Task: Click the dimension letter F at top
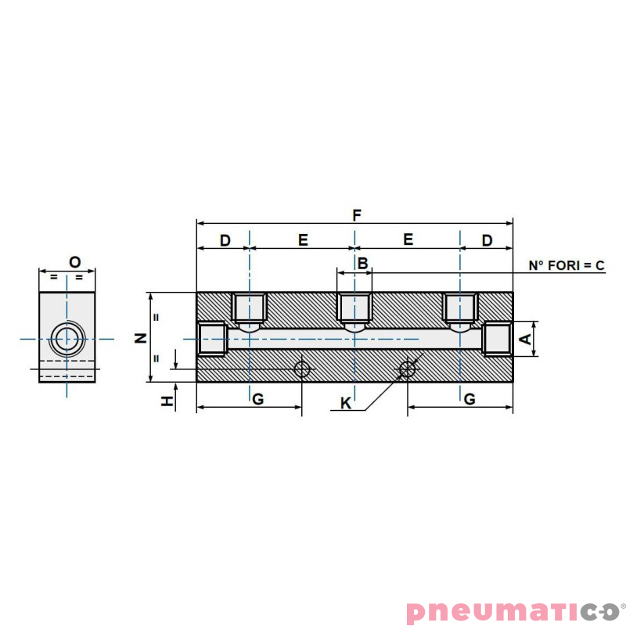[x=357, y=214]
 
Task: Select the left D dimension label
[x=225, y=240]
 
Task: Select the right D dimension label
[x=487, y=240]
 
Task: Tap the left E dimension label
[x=303, y=240]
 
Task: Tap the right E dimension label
[x=408, y=240]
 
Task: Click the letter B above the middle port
[x=362, y=264]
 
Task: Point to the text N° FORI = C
[x=567, y=266]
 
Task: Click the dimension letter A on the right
[x=526, y=339]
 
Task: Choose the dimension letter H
[x=166, y=401]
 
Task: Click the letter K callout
[x=346, y=403]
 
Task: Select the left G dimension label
[x=257, y=399]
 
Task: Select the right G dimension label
[x=469, y=399]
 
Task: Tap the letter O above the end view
[x=75, y=261]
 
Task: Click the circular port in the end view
[x=67, y=339]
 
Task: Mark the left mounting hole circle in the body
[x=302, y=369]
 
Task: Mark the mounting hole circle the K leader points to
[x=407, y=369]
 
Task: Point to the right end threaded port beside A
[x=498, y=339]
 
